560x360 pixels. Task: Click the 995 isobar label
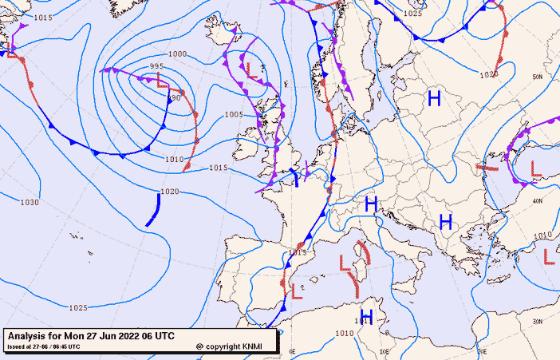156,66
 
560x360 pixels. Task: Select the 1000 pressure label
178,53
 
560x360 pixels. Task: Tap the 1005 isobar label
233,115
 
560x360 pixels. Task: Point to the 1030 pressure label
29,203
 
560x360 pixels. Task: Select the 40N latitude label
538,201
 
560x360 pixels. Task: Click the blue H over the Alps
370,204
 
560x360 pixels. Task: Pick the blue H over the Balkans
445,221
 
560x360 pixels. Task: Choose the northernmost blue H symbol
434,99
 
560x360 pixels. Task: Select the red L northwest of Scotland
251,69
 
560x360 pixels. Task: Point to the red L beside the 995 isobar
163,80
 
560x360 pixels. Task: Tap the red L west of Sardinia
345,264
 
